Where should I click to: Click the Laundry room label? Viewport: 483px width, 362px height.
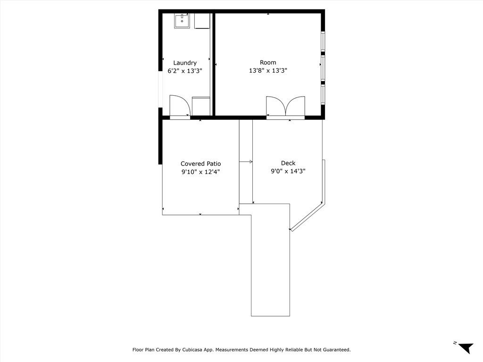185,63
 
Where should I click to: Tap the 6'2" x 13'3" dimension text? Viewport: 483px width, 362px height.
185,71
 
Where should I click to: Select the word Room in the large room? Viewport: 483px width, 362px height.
268,62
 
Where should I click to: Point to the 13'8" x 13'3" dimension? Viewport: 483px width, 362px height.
268,71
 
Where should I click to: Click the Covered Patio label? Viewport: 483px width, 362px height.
200,164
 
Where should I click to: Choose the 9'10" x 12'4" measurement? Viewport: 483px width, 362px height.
200,172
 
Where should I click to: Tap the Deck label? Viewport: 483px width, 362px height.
288,163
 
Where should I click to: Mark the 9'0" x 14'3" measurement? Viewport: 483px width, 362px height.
288,172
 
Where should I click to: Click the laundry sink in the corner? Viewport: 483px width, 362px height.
182,21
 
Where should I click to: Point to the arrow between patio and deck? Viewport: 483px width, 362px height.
246,162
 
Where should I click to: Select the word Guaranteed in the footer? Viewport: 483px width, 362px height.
334,350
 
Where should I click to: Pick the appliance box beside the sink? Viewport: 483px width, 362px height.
202,21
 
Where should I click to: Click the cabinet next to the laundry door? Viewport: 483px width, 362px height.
201,106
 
